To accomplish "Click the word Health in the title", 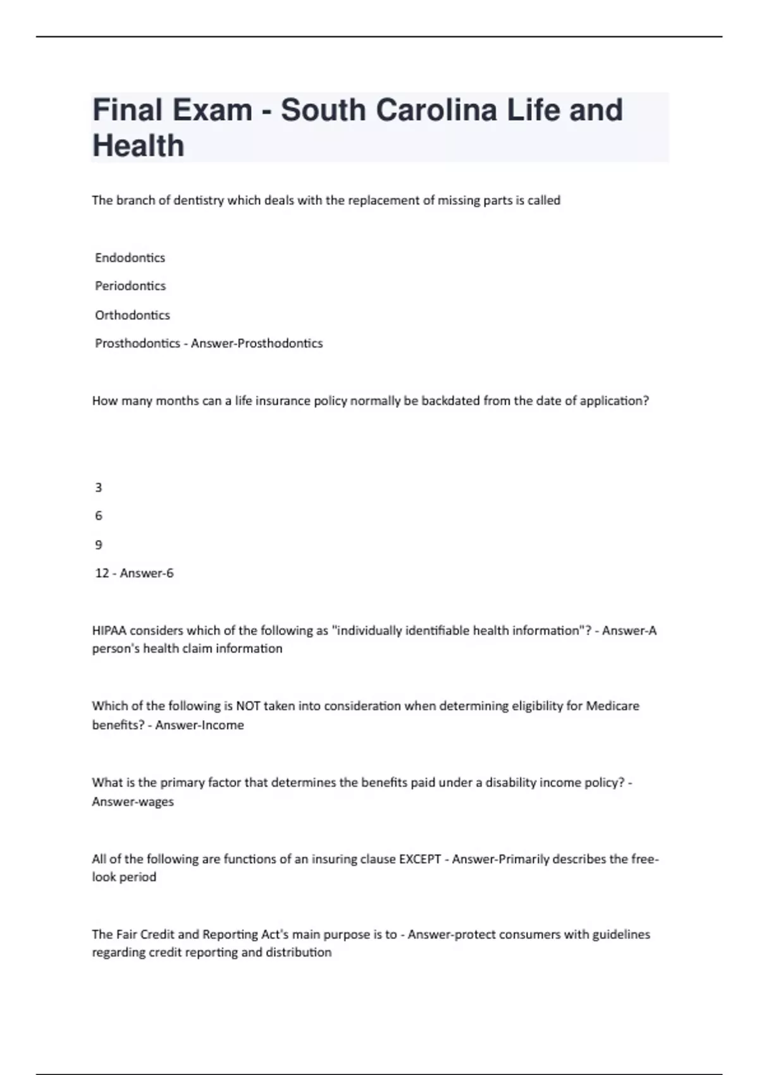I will tap(139, 146).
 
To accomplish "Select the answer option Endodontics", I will tap(130, 258).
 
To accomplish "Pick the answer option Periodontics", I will tap(130, 286).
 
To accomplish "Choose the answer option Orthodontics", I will tap(132, 315).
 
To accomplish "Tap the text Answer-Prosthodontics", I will tap(257, 343).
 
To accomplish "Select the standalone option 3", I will tap(98, 488).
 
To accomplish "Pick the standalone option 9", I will tap(98, 544).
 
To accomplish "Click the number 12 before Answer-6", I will tap(102, 574).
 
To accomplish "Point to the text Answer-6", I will tap(147, 574).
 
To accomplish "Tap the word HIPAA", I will tap(109, 630).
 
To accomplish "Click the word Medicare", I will tap(612, 706).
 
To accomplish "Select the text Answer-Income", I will tap(199, 725).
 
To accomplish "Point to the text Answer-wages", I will tap(133, 802).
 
